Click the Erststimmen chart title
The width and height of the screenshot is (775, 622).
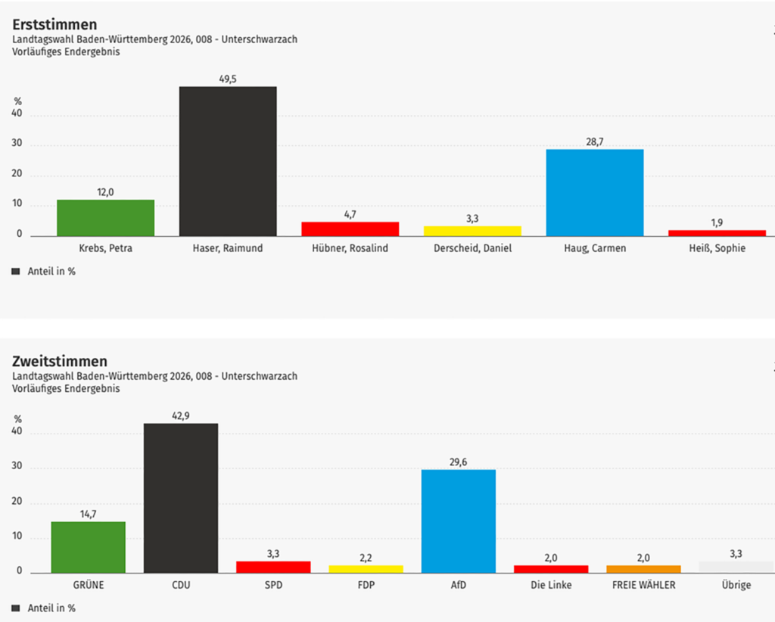point(54,25)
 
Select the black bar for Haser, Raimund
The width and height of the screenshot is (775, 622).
point(228,161)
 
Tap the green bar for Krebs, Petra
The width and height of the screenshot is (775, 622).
point(105,217)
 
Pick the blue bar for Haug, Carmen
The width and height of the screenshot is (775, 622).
point(595,192)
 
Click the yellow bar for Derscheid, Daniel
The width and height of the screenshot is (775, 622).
point(472,230)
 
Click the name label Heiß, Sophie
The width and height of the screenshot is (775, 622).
point(717,248)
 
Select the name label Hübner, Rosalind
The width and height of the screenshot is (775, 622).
point(350,248)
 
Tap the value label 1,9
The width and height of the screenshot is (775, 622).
point(717,222)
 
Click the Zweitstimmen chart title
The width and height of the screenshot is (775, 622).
point(60,361)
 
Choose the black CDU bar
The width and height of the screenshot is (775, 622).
point(181,498)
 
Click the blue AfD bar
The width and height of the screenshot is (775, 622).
point(459,521)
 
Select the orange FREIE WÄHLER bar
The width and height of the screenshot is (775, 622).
point(643,568)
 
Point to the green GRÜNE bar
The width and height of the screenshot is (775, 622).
point(89,546)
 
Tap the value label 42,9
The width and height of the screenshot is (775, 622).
point(181,415)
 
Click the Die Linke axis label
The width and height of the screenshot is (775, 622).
point(551,585)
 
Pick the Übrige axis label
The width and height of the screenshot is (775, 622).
point(736,585)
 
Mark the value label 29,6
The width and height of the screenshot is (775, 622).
point(459,462)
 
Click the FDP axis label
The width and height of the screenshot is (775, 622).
point(366,585)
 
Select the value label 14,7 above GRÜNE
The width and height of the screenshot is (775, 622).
point(89,514)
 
